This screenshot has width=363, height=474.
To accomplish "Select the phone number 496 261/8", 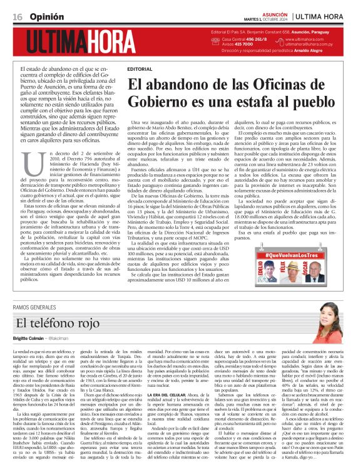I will (246, 39).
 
